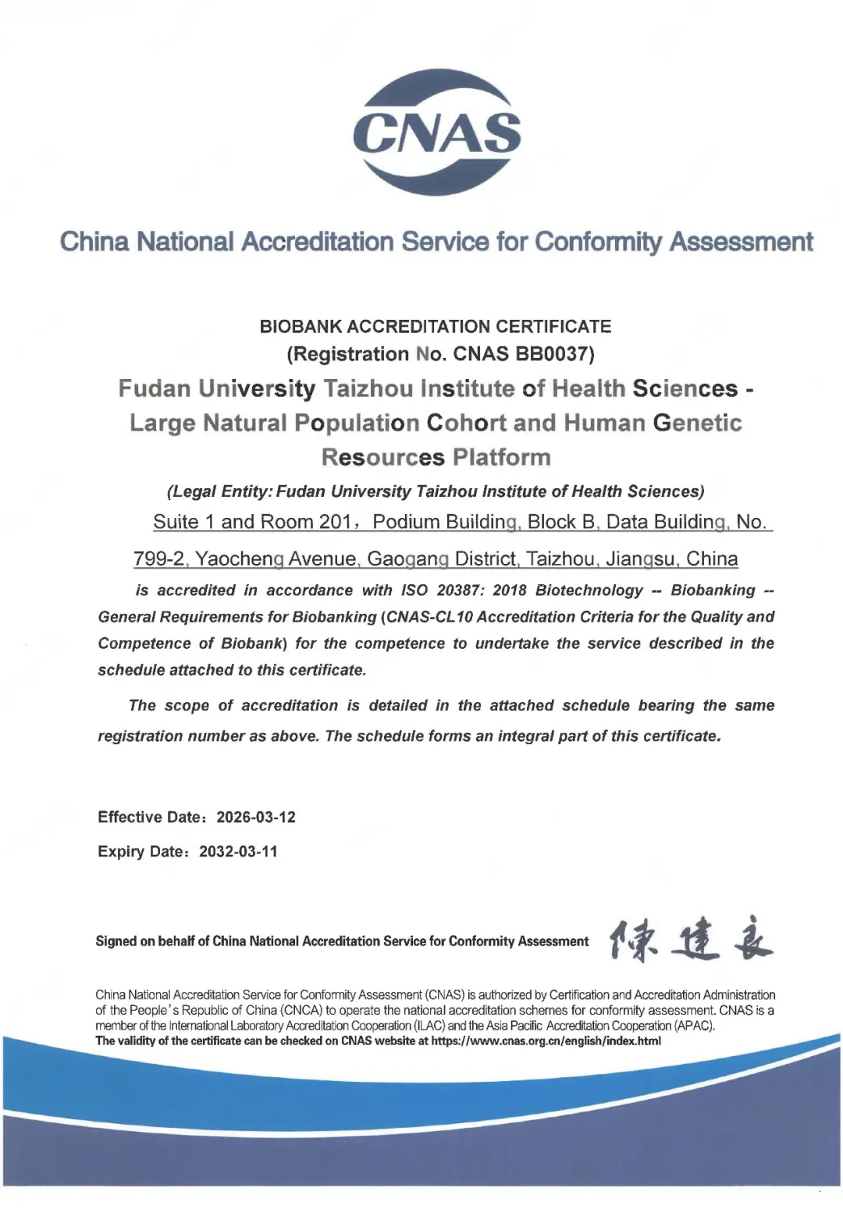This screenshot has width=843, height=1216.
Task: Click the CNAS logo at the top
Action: [436, 131]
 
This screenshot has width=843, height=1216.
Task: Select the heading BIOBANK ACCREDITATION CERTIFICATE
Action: [436, 326]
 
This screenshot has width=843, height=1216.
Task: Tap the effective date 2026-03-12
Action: [256, 817]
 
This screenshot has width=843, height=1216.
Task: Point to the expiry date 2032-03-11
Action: [238, 852]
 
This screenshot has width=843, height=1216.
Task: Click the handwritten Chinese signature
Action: [690, 941]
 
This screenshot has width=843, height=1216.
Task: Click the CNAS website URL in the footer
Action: [546, 1041]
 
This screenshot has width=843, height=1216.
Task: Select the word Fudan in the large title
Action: [154, 388]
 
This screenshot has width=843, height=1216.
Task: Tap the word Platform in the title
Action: [502, 457]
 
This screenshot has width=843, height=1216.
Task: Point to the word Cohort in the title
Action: [466, 423]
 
